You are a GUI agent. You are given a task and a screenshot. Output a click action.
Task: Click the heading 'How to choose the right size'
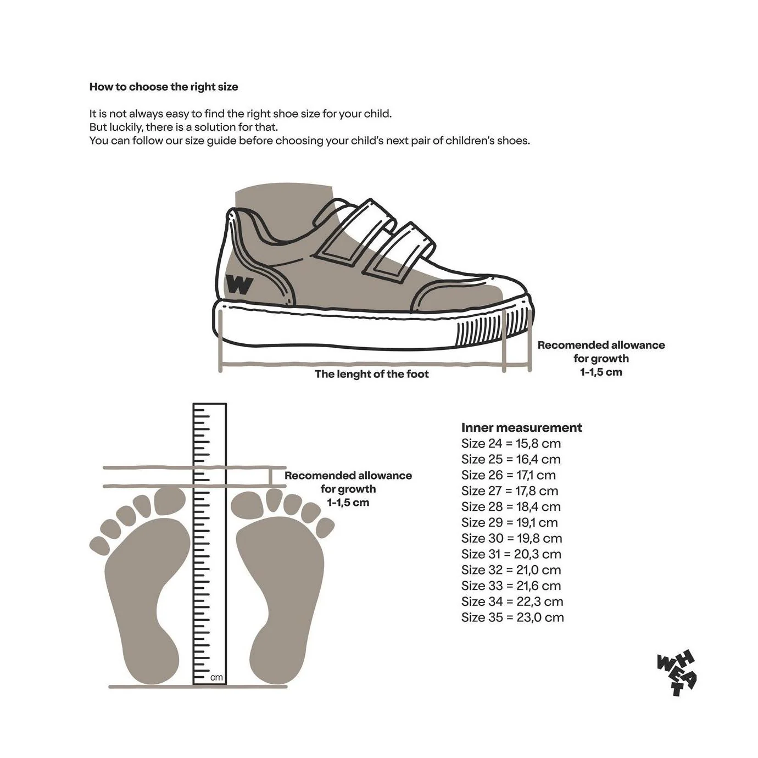pos(164,87)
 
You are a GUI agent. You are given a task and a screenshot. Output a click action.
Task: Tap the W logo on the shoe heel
pos(239,284)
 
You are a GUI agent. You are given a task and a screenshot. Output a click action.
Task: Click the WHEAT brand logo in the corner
pos(676,673)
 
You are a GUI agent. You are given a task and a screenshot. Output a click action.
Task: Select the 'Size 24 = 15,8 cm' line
pos(511,444)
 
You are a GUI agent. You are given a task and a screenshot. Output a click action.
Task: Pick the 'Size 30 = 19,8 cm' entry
pos(512,538)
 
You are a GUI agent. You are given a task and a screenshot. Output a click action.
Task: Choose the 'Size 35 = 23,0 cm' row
pos(512,617)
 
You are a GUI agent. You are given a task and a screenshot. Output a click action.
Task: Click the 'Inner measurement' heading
pos(522,427)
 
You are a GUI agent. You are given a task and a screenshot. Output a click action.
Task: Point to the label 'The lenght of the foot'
pos(372,374)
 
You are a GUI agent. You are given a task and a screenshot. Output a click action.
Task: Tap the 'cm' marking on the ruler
pos(216,677)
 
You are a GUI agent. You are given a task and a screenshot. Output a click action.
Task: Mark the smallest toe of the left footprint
pos(99,546)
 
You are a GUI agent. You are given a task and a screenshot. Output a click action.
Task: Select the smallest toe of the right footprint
pos(325,527)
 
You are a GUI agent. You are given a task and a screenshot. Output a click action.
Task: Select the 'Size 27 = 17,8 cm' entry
pos(510,491)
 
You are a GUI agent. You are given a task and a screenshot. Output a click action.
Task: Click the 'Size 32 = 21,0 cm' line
pos(511,570)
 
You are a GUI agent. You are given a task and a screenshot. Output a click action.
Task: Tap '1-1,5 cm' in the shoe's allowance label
pos(601,372)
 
